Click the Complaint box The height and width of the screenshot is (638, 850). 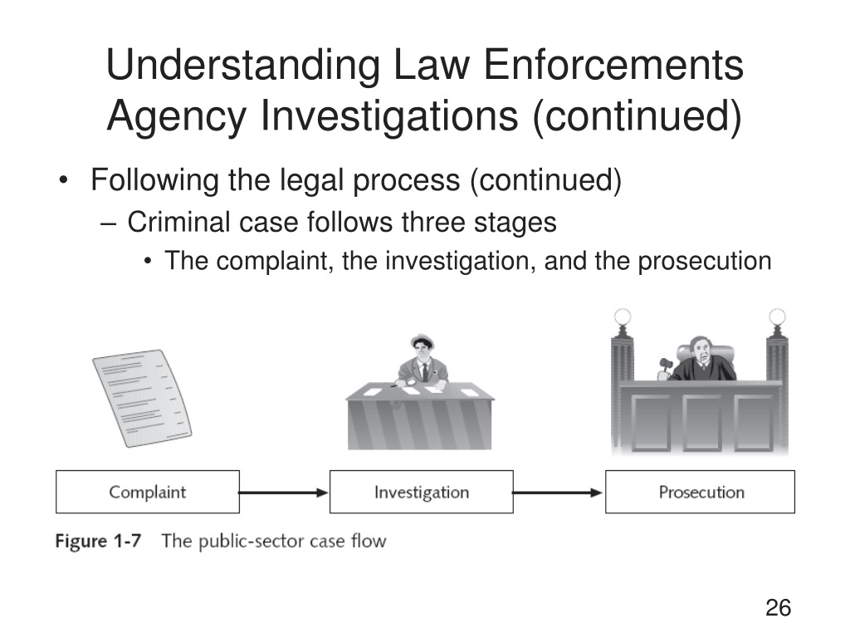[x=148, y=492]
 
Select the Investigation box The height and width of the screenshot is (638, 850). [x=421, y=492]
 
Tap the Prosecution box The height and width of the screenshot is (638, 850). [x=700, y=492]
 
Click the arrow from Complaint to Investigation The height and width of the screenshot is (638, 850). [x=284, y=493]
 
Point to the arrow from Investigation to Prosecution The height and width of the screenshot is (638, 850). [x=558, y=493]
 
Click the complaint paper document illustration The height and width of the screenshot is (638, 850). [x=142, y=398]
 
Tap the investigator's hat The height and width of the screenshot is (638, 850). [x=422, y=341]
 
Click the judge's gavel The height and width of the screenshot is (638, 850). [x=665, y=366]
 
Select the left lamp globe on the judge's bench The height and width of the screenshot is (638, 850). [x=623, y=316]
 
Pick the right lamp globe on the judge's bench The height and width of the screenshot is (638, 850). [x=777, y=316]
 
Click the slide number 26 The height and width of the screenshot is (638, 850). [x=778, y=607]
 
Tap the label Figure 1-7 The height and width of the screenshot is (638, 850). [x=98, y=541]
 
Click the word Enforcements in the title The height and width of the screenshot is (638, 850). [x=613, y=65]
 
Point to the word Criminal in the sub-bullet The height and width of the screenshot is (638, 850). [x=179, y=222]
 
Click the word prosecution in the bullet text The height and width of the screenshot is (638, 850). [x=704, y=262]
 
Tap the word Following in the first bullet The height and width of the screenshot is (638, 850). [x=154, y=180]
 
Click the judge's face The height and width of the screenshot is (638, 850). [x=703, y=356]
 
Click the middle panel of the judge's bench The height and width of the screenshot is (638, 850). [x=701, y=422]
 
